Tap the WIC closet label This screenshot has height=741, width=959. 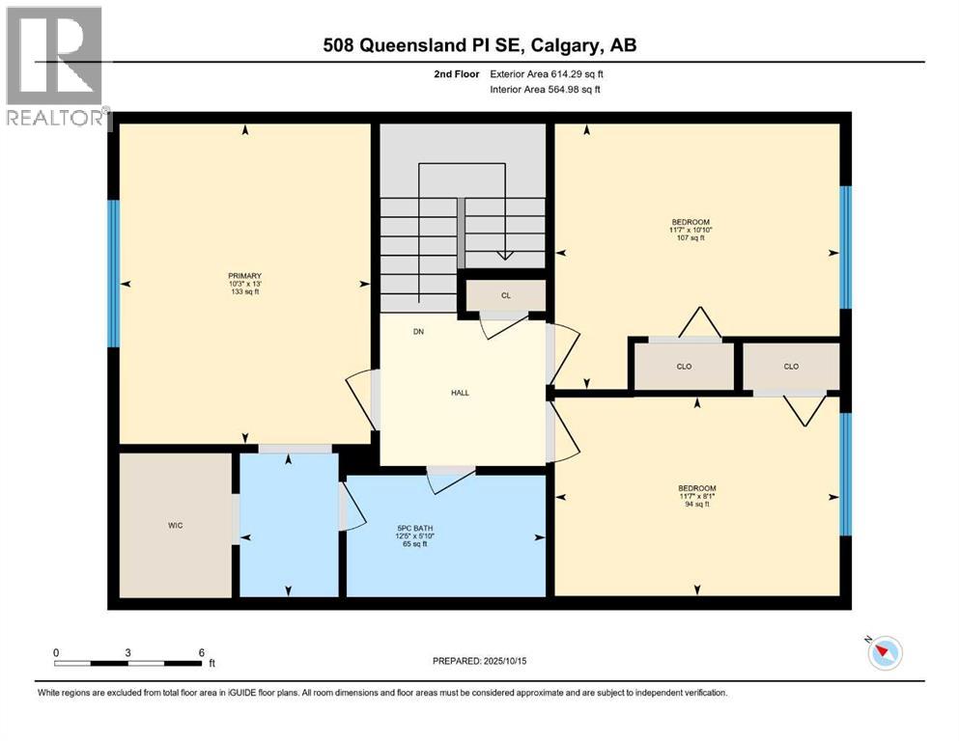pos(175,525)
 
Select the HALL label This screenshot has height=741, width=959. pos(460,393)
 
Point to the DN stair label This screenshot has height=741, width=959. pos(418,332)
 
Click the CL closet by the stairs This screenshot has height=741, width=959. pos(505,296)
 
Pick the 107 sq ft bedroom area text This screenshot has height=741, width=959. pos(690,237)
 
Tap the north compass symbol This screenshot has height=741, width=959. pos(883,653)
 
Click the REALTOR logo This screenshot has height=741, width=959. pos(56,68)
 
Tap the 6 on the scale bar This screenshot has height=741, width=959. pos(201,653)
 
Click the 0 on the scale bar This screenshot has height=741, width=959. pos(56,653)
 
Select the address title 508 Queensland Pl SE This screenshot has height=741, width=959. pos(480,44)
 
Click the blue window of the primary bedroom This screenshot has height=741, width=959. pos(113,273)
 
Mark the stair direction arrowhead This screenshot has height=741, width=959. pos(503,255)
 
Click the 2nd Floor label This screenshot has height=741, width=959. pos(453,73)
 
